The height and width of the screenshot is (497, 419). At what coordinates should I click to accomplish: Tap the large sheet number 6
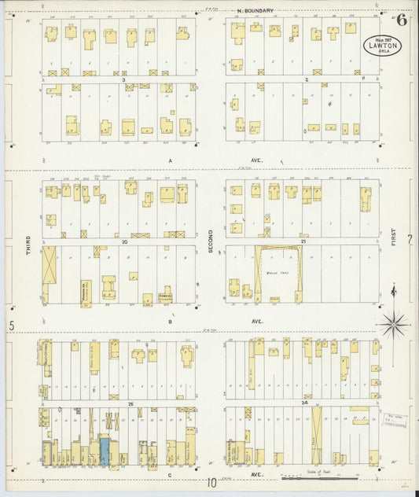tap(402, 19)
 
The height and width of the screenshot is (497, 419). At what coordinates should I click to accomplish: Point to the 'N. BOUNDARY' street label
tap(255, 11)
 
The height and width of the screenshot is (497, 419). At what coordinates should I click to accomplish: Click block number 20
tap(124, 242)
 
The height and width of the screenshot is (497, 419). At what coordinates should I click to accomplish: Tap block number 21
tap(303, 242)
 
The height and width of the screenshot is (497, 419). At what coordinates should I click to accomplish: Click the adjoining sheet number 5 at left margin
tap(12, 326)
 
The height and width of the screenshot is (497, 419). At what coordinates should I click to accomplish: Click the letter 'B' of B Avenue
tap(170, 321)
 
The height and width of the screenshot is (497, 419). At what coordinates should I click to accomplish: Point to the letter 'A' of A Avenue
tap(170, 159)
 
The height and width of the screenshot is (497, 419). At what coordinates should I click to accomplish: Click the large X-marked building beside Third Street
tap(50, 265)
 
